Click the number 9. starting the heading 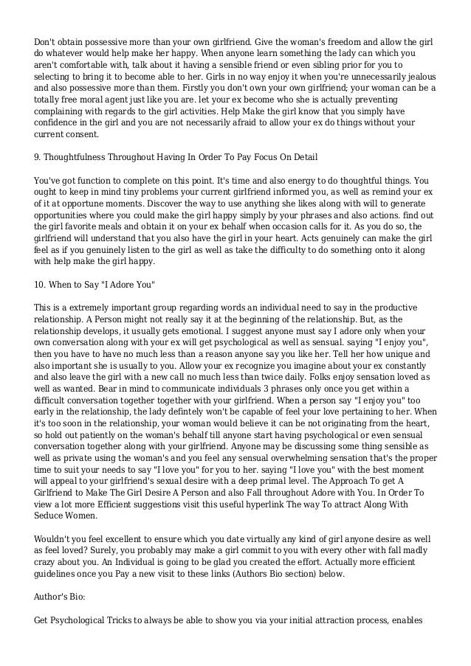(38, 156)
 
